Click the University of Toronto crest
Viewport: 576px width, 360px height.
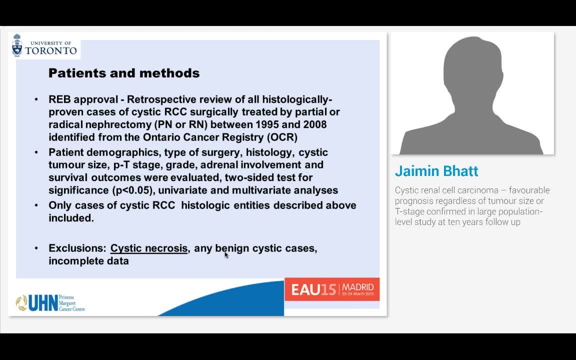[x=17, y=45]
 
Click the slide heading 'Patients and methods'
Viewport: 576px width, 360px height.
[x=124, y=73]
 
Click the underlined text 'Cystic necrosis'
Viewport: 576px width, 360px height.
[x=149, y=248]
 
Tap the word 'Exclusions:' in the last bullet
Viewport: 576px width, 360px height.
[x=77, y=248]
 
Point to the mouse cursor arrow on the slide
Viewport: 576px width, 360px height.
[x=226, y=254]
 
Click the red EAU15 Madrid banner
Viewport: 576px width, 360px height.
[x=332, y=289]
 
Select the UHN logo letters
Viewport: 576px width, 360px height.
[x=43, y=303]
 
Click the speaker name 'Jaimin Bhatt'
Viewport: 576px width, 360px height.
[x=436, y=171]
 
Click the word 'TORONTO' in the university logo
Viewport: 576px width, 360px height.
[x=51, y=50]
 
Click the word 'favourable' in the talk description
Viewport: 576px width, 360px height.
[x=529, y=190]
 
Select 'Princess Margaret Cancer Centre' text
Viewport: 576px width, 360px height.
[x=72, y=303]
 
